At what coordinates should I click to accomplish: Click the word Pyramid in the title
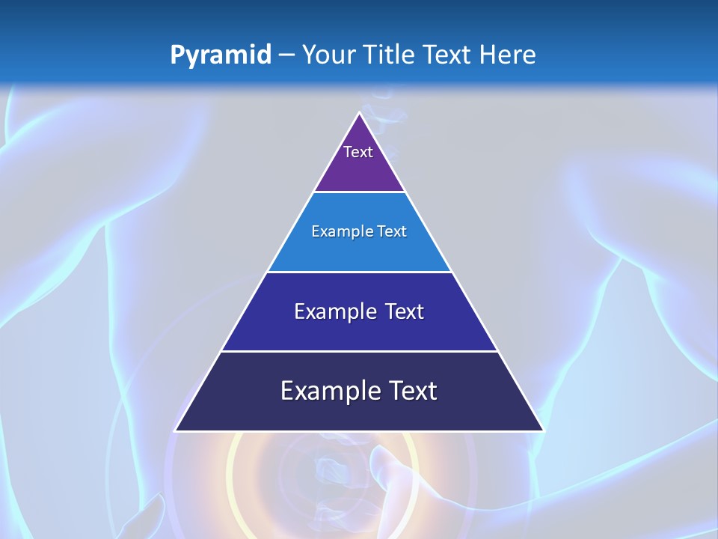pos(220,55)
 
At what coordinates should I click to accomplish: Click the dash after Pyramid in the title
pos(286,55)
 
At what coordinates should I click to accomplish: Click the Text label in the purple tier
pos(358,152)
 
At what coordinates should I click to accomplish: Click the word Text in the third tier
pos(405,311)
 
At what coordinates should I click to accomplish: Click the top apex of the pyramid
pos(359,113)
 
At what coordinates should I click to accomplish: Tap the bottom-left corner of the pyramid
pos(176,430)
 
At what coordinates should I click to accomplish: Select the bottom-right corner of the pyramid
pos(543,430)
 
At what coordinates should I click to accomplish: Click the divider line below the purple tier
pos(359,192)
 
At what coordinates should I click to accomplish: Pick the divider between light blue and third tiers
pos(359,272)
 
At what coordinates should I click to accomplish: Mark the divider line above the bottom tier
pos(359,351)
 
